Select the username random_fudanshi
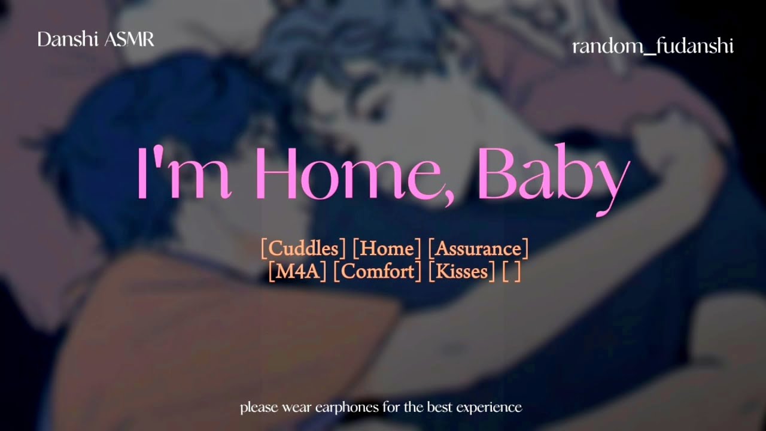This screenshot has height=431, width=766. (652, 47)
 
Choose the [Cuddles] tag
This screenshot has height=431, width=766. (303, 248)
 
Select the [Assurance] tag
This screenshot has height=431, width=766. (479, 248)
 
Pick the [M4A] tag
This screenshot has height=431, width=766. (297, 271)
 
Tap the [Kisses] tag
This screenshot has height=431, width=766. (461, 271)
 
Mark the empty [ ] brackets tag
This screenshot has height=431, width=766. (512, 271)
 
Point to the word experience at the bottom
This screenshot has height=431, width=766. (489, 408)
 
